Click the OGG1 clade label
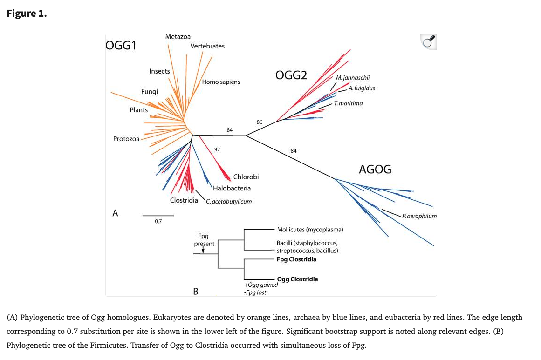pos(121,45)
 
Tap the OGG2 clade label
pos(291,75)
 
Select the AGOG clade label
pos(375,170)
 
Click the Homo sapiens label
pos(221,82)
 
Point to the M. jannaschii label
pos(353,78)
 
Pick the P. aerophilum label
pos(419,216)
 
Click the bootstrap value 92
pos(217,149)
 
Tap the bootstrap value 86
pos(260,122)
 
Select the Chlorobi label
pos(246,177)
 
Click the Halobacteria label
pos(232,188)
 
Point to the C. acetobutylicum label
pos(229,201)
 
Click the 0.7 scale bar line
pos(158,216)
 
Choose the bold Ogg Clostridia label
pos(297,279)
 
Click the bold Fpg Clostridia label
pos(296,259)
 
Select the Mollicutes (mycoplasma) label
pos(310,230)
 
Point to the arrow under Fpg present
pos(203,250)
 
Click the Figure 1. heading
pos(27,14)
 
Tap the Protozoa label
pos(126,139)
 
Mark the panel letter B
pos(196,292)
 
